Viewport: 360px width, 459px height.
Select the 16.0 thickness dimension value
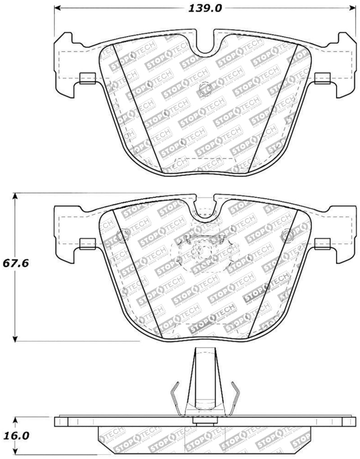17,436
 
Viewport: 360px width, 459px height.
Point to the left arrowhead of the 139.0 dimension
58,8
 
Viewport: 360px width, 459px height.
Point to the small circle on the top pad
203,88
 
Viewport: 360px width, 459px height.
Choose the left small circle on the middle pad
121,235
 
